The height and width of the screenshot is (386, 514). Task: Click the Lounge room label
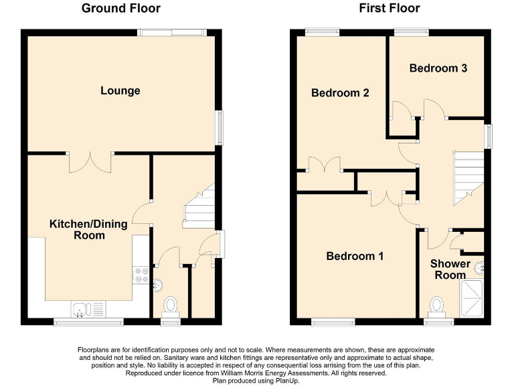pos(120,90)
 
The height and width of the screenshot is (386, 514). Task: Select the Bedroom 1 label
pos(355,256)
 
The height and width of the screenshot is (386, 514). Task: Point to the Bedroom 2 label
pos(340,93)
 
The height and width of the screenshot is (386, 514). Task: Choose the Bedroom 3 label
pos(438,68)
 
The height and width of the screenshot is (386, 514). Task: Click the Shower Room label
pos(450,269)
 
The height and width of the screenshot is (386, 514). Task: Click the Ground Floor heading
pos(120,9)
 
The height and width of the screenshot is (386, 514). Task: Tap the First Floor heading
pos(389,9)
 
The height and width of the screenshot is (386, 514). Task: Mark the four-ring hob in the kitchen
pos(142,275)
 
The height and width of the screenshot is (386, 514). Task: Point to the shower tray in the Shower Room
pos(472,298)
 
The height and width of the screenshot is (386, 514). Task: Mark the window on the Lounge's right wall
pos(219,127)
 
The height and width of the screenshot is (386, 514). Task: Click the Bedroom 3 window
pos(411,31)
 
